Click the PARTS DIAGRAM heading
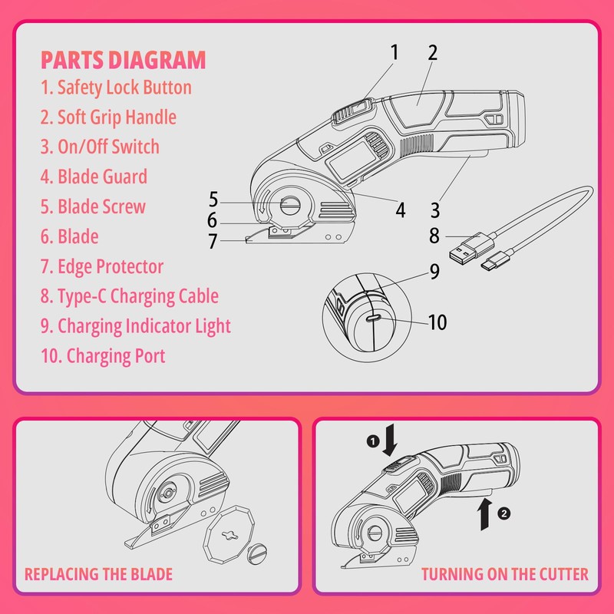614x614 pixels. point(123,59)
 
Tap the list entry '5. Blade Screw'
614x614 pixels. point(101,206)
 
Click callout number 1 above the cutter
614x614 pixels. point(394,53)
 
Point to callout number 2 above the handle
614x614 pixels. point(432,53)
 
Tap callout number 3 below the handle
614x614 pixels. point(435,209)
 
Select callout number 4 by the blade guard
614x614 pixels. point(401,209)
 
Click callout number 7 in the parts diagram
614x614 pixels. point(213,241)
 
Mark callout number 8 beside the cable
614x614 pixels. point(434,236)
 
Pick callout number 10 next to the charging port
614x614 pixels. point(436,322)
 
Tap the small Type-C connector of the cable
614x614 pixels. point(490,265)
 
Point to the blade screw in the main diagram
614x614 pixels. point(291,205)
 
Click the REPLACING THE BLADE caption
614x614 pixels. point(98,574)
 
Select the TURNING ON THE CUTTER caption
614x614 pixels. point(504,574)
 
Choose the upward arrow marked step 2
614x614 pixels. point(484,513)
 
